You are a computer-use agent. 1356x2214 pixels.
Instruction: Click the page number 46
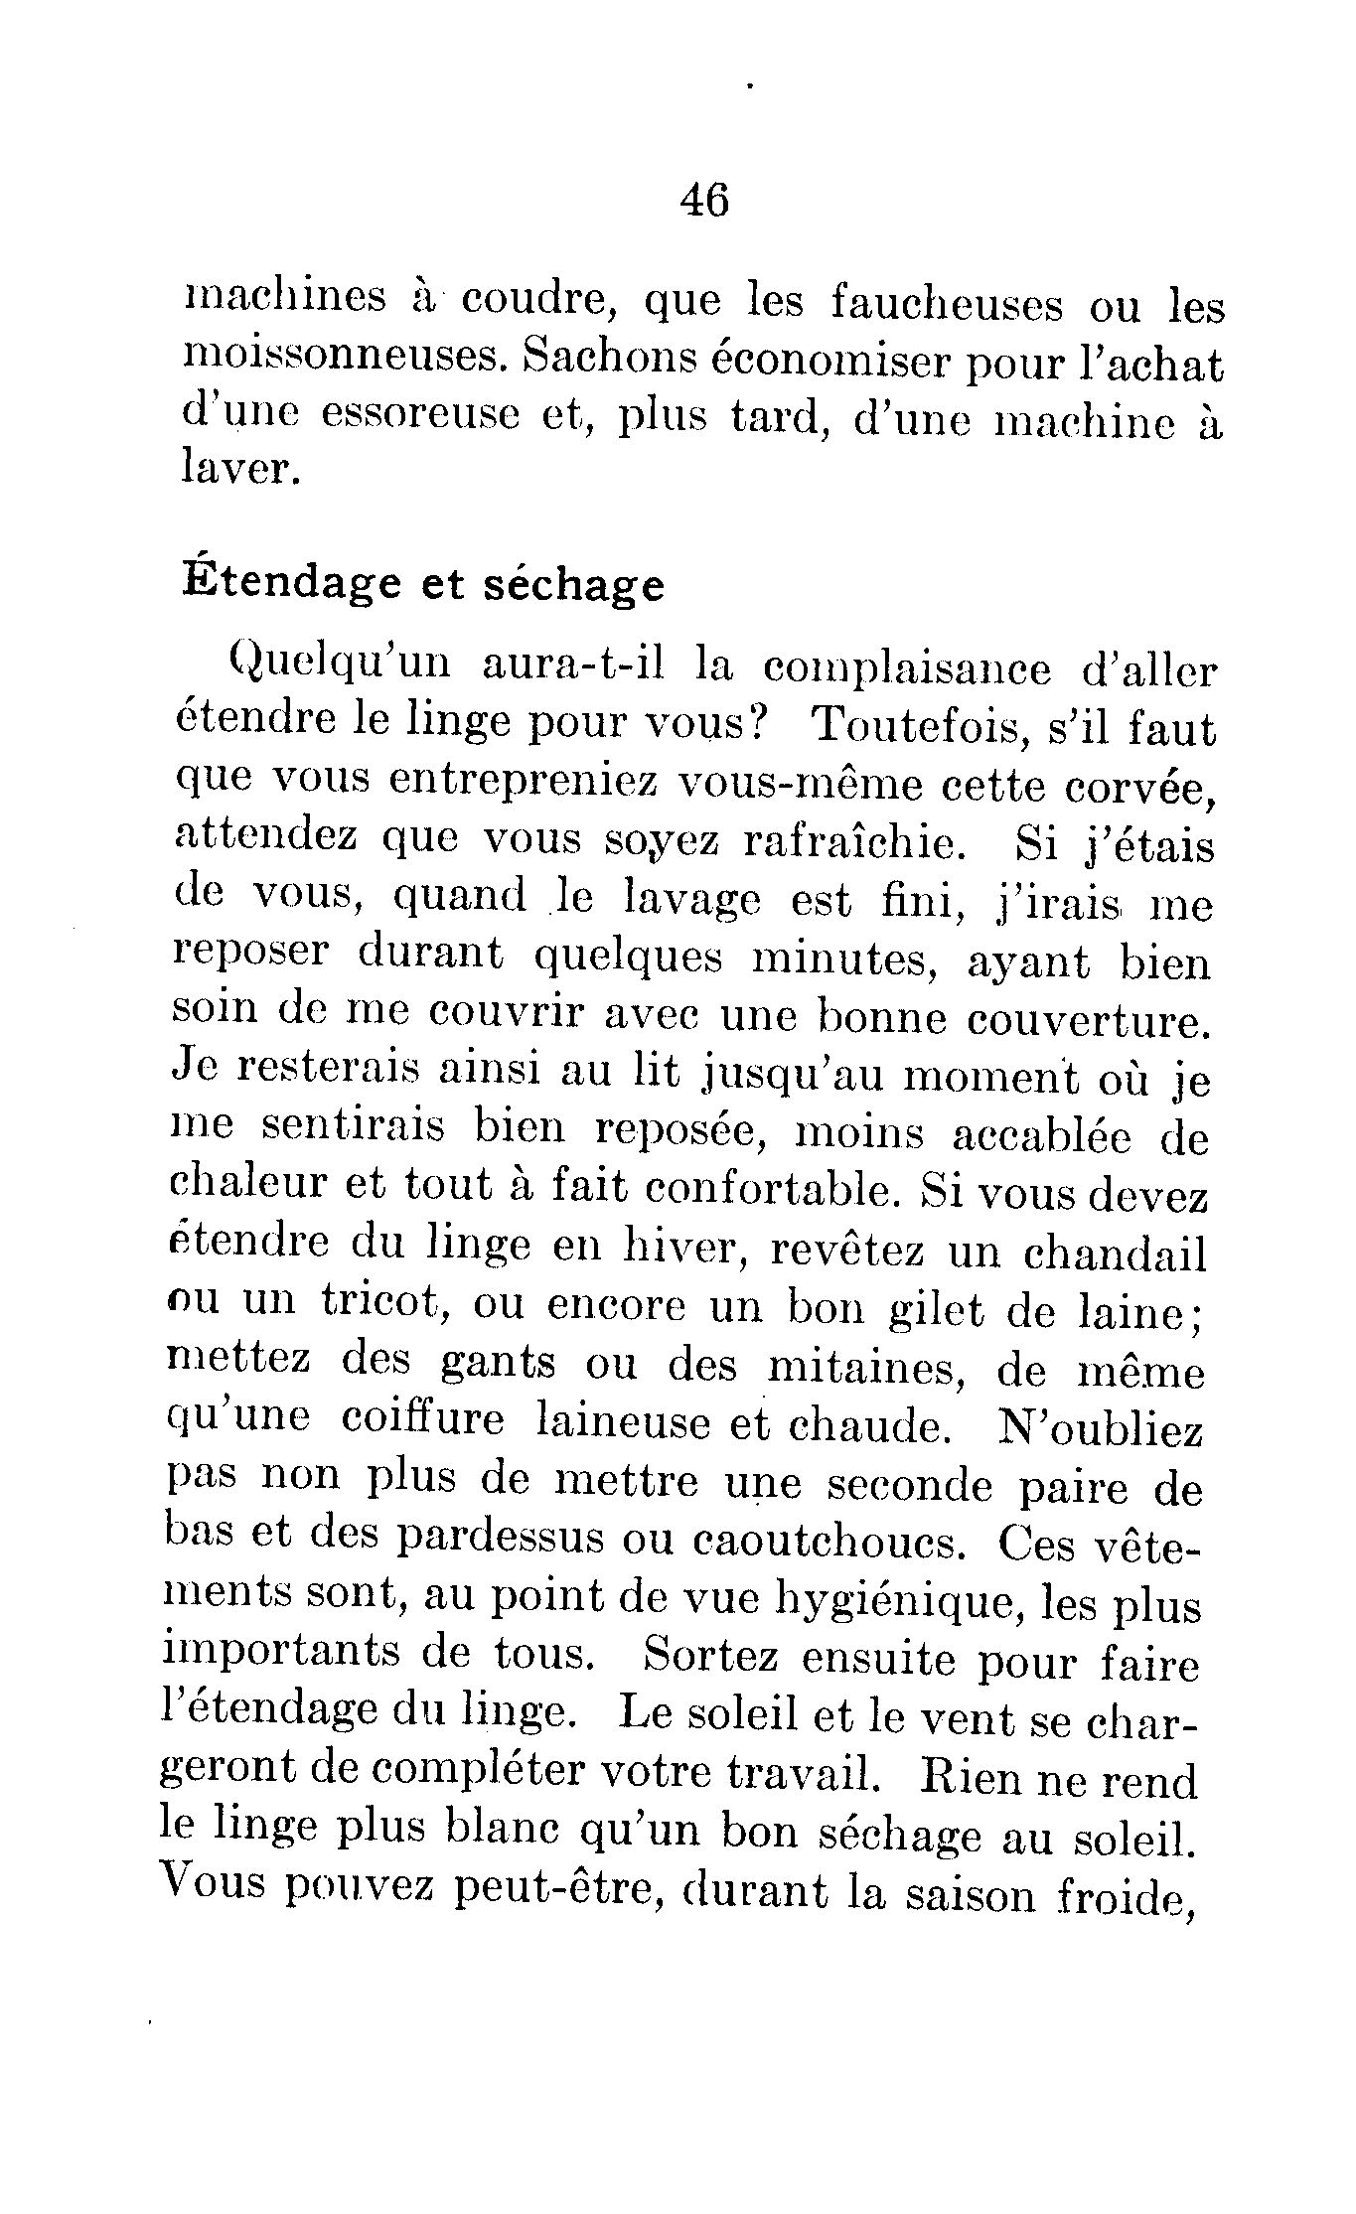pyautogui.click(x=704, y=202)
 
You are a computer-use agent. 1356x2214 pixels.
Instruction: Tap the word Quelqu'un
pyautogui.click(x=326, y=668)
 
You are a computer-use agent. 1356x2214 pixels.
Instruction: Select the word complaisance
pyautogui.click(x=904, y=670)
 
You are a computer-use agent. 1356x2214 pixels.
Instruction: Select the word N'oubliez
pyautogui.click(x=1099, y=1428)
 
